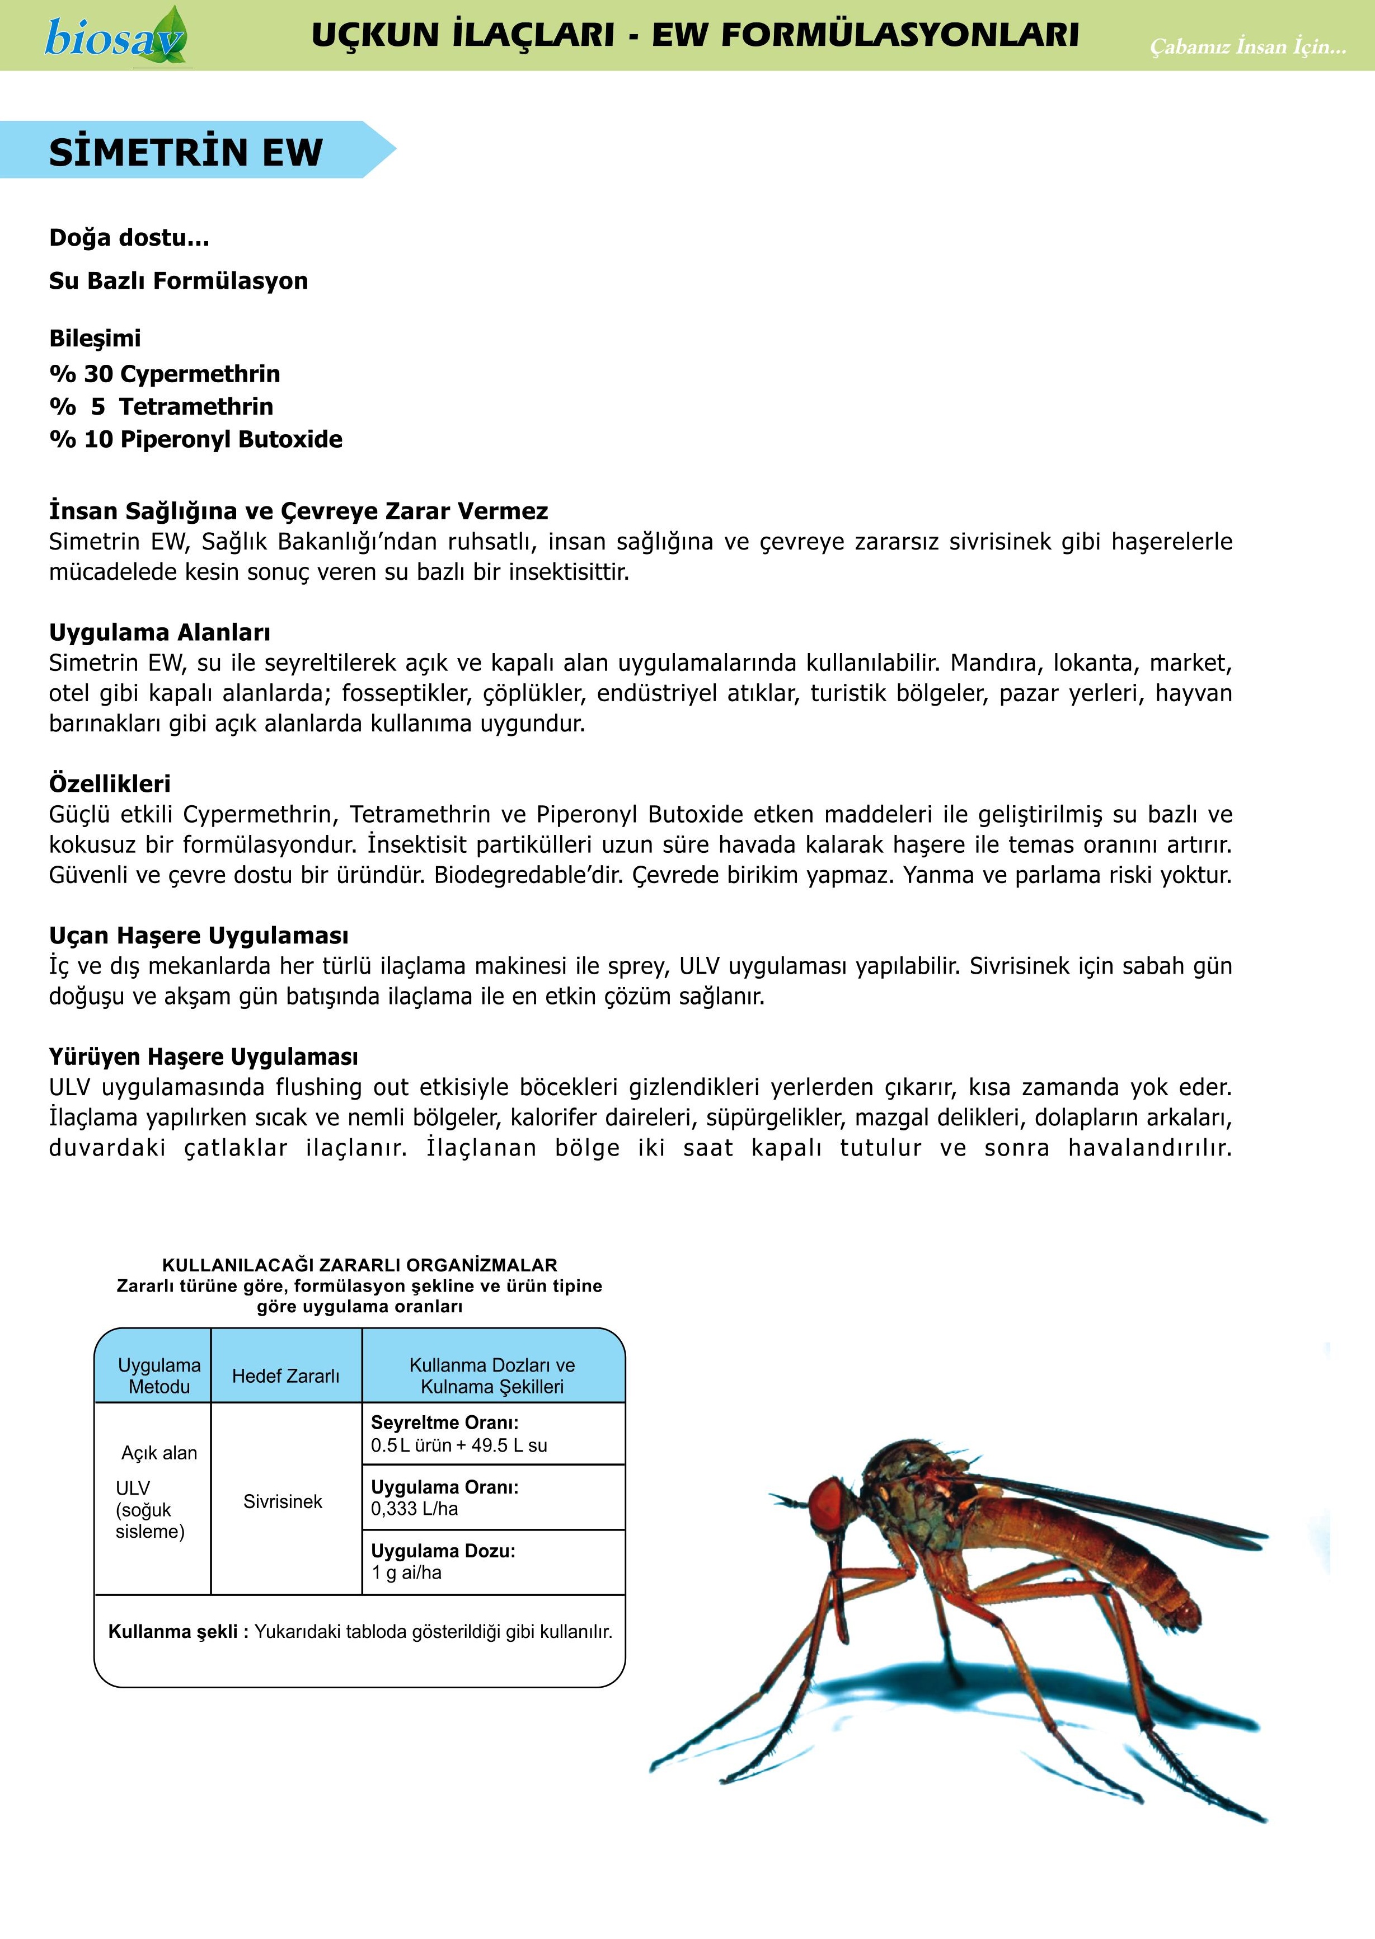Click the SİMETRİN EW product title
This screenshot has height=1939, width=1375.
[x=186, y=152]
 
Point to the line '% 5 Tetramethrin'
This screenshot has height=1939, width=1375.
[x=161, y=406]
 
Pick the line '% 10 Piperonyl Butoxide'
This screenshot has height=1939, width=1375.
[x=195, y=439]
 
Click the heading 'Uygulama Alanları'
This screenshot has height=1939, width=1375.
[x=159, y=632]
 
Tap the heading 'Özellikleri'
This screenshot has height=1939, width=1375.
[x=110, y=783]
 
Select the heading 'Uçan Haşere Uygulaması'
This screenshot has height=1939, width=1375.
[x=198, y=936]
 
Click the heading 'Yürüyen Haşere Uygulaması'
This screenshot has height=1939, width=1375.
[x=203, y=1057]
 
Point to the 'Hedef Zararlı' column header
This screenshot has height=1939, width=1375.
[x=285, y=1376]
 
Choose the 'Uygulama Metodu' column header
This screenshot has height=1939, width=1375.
[x=159, y=1376]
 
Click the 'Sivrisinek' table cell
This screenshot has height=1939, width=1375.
[x=283, y=1501]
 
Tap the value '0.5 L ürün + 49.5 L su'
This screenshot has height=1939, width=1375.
[x=459, y=1445]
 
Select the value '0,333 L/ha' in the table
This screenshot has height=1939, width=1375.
[x=414, y=1508]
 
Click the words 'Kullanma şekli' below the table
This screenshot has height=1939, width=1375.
[x=173, y=1632]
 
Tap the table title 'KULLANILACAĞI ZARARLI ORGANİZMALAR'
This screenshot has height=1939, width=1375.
[x=360, y=1265]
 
